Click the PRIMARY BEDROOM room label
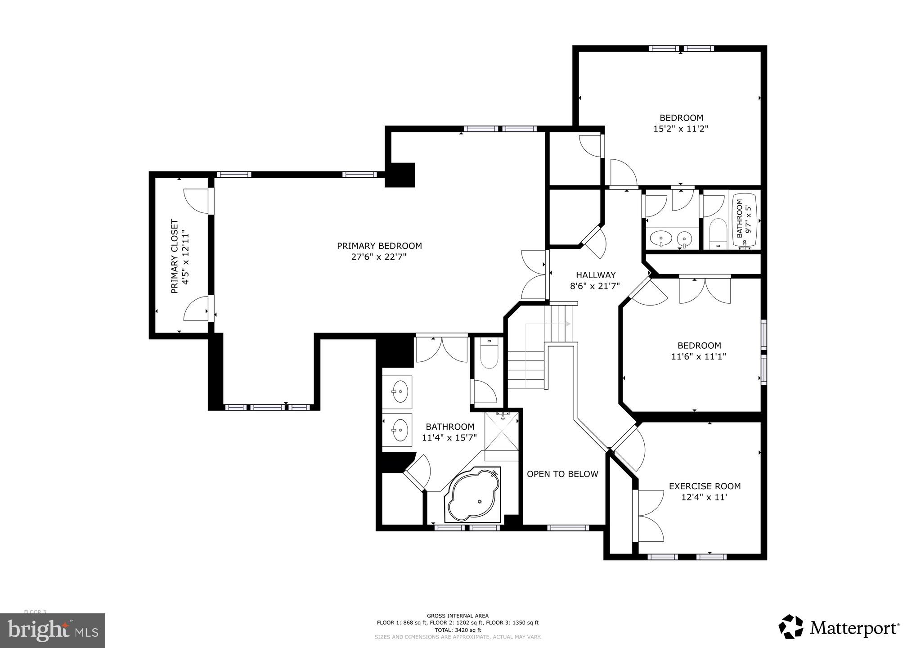pyautogui.click(x=379, y=246)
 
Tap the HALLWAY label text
pyautogui.click(x=596, y=275)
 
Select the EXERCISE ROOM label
pyautogui.click(x=705, y=486)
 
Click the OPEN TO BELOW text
pyautogui.click(x=562, y=474)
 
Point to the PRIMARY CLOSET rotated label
pyautogui.click(x=175, y=256)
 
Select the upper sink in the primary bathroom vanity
pyautogui.click(x=400, y=391)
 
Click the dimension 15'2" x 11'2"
pyautogui.click(x=681, y=129)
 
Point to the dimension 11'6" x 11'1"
pyautogui.click(x=699, y=356)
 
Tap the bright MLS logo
pyautogui.click(x=53, y=630)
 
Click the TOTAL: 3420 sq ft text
pyautogui.click(x=458, y=630)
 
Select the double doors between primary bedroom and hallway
pyautogui.click(x=535, y=275)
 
